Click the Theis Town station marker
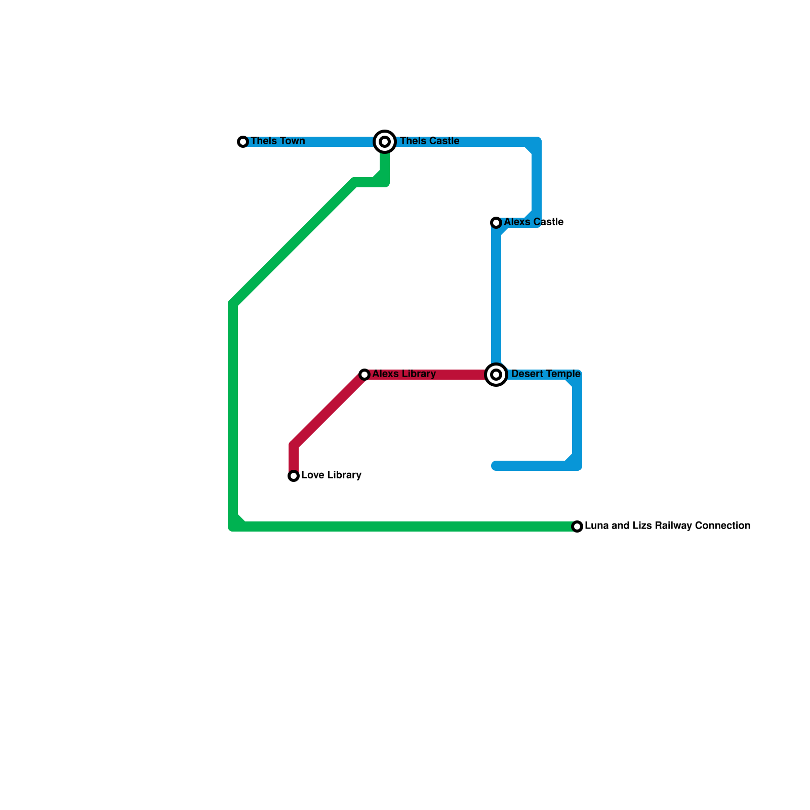click(x=243, y=142)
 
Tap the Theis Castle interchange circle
click(x=385, y=142)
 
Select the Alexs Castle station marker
click(x=496, y=223)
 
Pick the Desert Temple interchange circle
click(x=496, y=375)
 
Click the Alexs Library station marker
click(x=364, y=375)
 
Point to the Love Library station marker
click(x=294, y=476)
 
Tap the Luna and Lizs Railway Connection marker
click(x=577, y=526)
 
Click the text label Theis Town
click(x=277, y=141)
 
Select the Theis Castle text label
click(x=429, y=141)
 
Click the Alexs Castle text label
click(x=533, y=222)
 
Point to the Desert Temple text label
click(x=545, y=374)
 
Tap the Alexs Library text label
click(x=403, y=374)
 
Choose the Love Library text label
click(x=331, y=475)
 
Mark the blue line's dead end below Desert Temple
click(x=496, y=466)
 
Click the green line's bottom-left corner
click(x=233, y=526)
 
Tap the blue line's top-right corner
click(x=536, y=142)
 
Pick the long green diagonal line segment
click(x=294, y=243)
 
